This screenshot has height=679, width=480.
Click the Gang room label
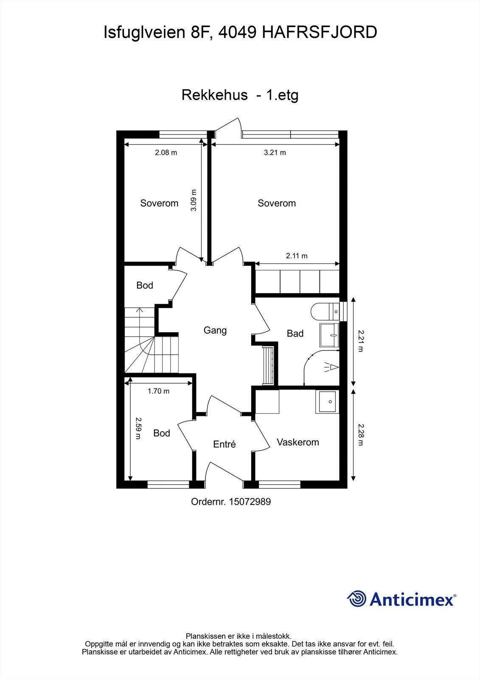215,330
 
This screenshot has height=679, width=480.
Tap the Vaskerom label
298,442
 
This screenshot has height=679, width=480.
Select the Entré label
224,444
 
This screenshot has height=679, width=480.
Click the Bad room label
295,334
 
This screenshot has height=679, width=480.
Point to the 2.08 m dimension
166,152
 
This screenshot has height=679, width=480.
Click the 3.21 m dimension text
275,152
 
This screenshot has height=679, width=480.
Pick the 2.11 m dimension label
297,256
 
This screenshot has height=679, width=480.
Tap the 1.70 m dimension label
158,391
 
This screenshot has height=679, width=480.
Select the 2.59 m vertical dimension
138,428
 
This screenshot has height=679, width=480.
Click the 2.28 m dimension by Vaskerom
361,435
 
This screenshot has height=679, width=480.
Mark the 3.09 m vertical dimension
194,200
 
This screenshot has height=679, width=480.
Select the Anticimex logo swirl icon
356,599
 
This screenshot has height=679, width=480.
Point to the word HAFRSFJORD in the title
319,33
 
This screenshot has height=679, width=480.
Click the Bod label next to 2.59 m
161,433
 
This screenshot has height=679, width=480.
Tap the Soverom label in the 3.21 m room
276,203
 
